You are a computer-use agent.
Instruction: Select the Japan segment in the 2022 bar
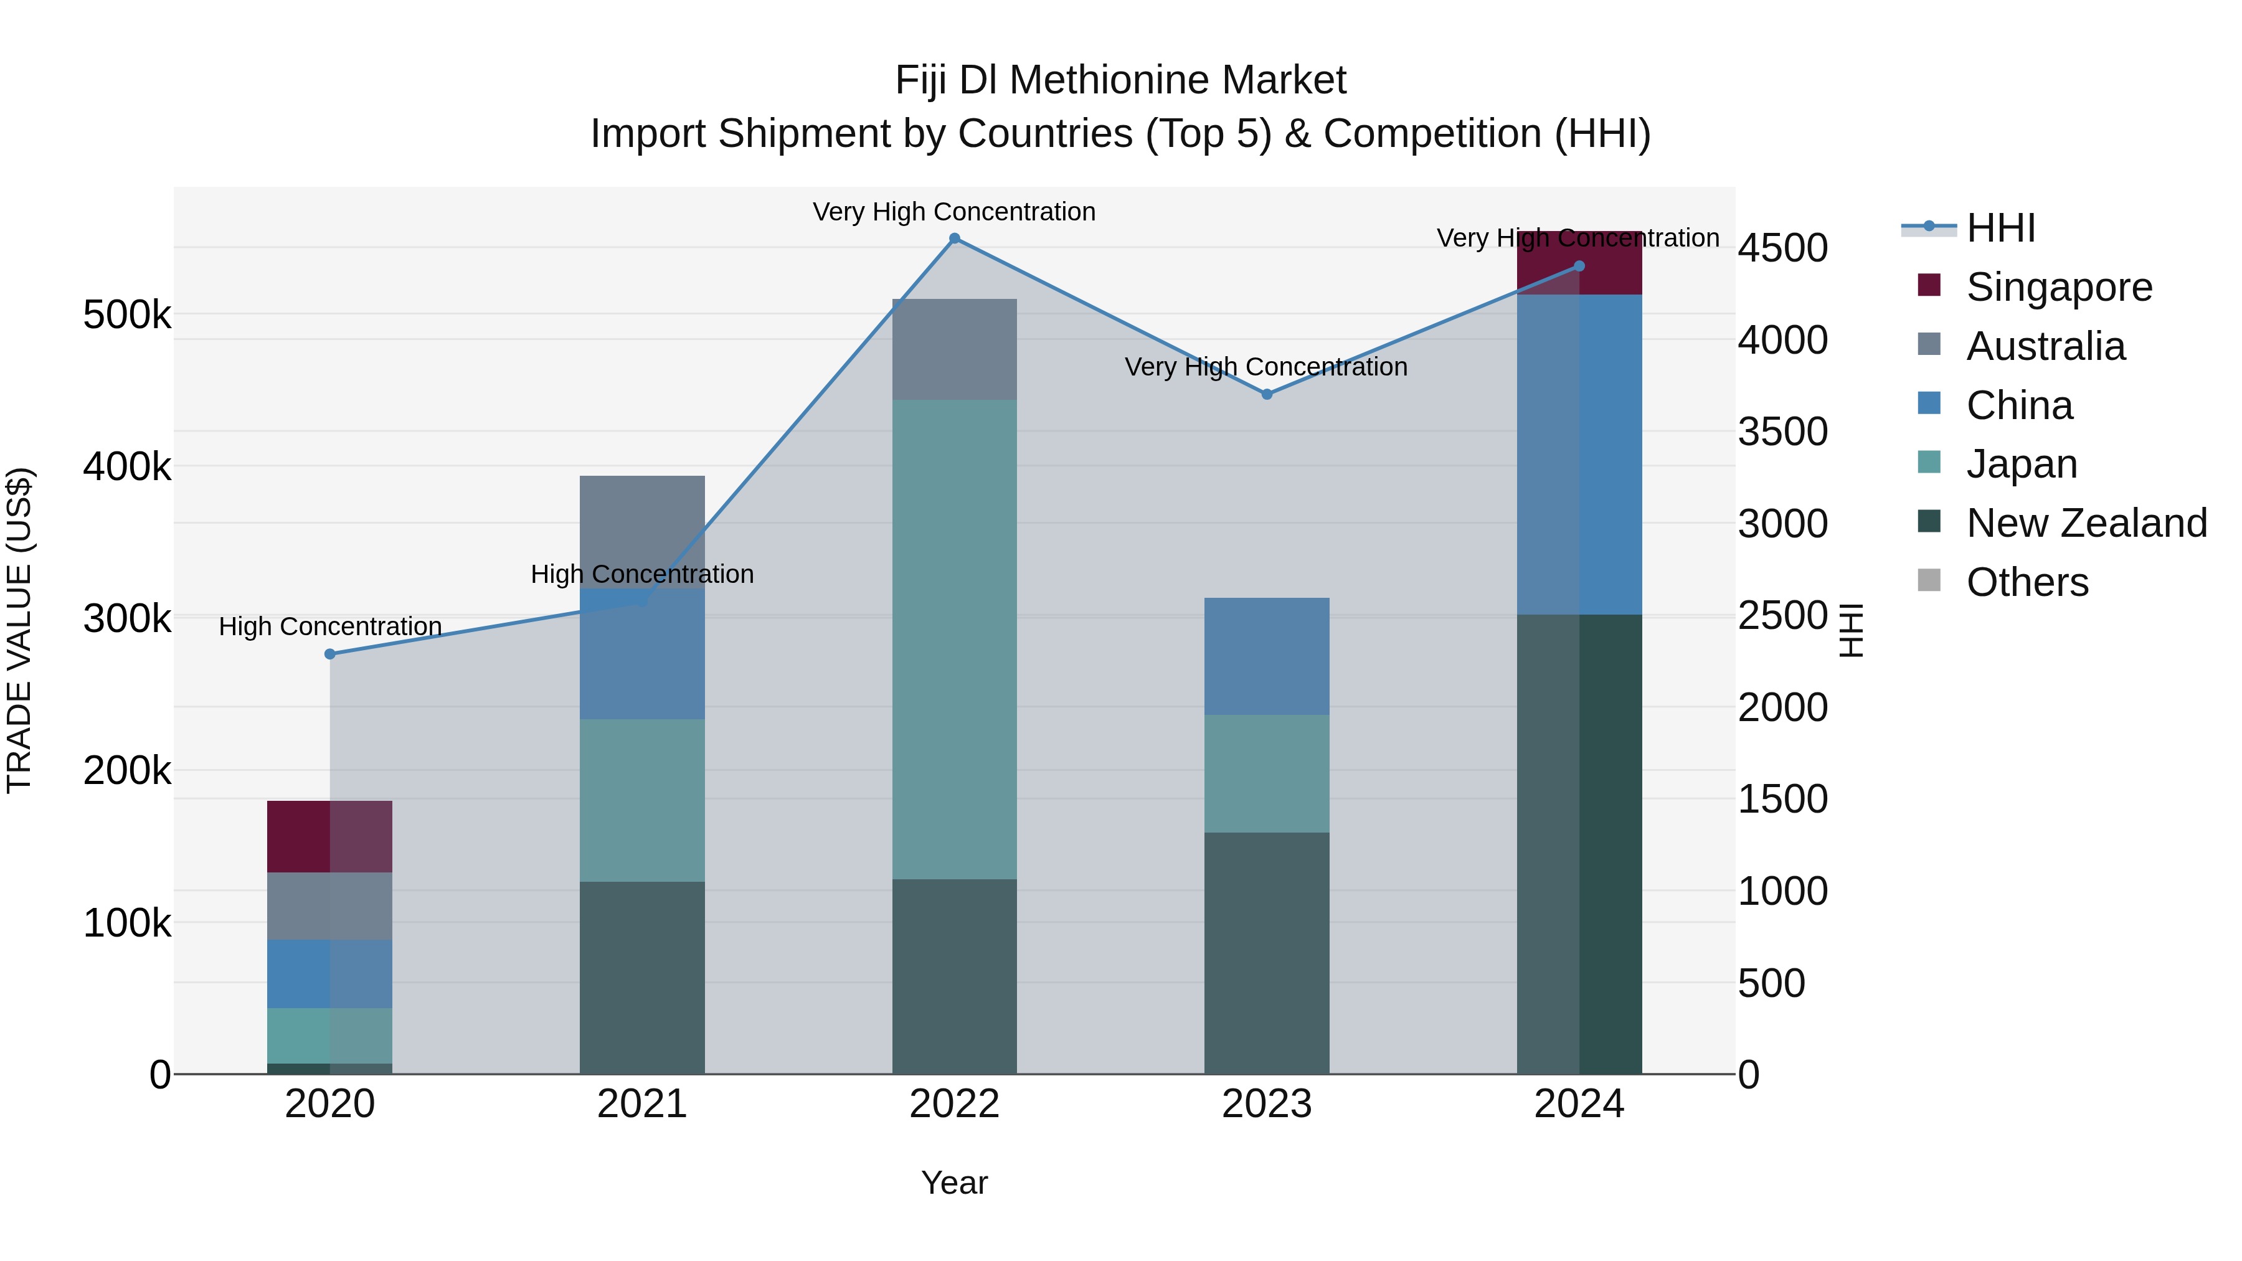(x=954, y=640)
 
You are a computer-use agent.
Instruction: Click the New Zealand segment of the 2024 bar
(x=1579, y=844)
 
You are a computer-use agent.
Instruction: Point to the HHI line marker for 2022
(x=954, y=239)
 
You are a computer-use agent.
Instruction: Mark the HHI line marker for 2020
(x=330, y=654)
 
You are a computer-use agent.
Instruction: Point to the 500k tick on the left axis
(x=127, y=315)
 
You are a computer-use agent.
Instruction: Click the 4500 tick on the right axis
(x=1782, y=248)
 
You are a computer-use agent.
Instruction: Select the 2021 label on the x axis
(x=641, y=1104)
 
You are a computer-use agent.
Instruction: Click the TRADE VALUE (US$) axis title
(x=19, y=630)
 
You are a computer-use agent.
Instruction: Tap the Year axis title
(x=954, y=1183)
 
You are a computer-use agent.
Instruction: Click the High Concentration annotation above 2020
(x=330, y=626)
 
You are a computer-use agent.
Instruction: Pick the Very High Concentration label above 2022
(x=954, y=212)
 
